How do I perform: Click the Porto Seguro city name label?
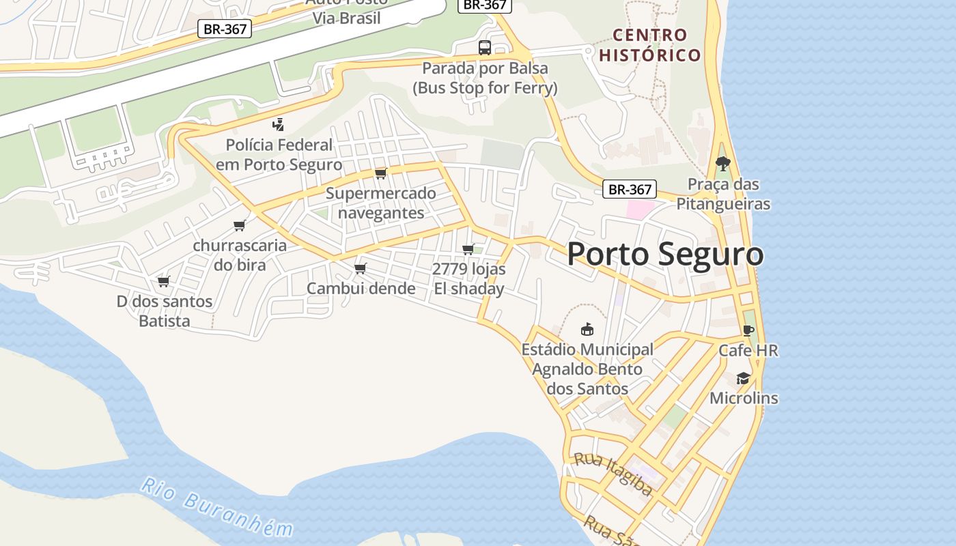[x=665, y=254]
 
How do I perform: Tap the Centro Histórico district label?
[x=650, y=45]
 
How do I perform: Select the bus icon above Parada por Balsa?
[x=485, y=48]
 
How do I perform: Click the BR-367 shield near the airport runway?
[x=225, y=29]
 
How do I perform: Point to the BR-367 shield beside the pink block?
[x=629, y=190]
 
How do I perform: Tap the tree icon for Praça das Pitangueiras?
[x=722, y=164]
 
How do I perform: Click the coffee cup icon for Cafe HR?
[x=748, y=331]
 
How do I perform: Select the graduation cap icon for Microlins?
[x=743, y=379]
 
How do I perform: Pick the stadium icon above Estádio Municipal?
[x=587, y=330]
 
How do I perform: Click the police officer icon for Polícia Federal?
[x=278, y=125]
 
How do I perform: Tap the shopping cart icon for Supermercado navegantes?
[x=381, y=173]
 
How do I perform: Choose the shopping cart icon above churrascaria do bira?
[x=239, y=225]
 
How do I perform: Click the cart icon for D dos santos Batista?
[x=163, y=281]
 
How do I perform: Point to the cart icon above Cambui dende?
[x=361, y=268]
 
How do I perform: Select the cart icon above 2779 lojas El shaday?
[x=468, y=249]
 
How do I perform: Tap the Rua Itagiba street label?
[x=613, y=472]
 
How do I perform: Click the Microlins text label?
[x=744, y=398]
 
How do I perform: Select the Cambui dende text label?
[x=361, y=288]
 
